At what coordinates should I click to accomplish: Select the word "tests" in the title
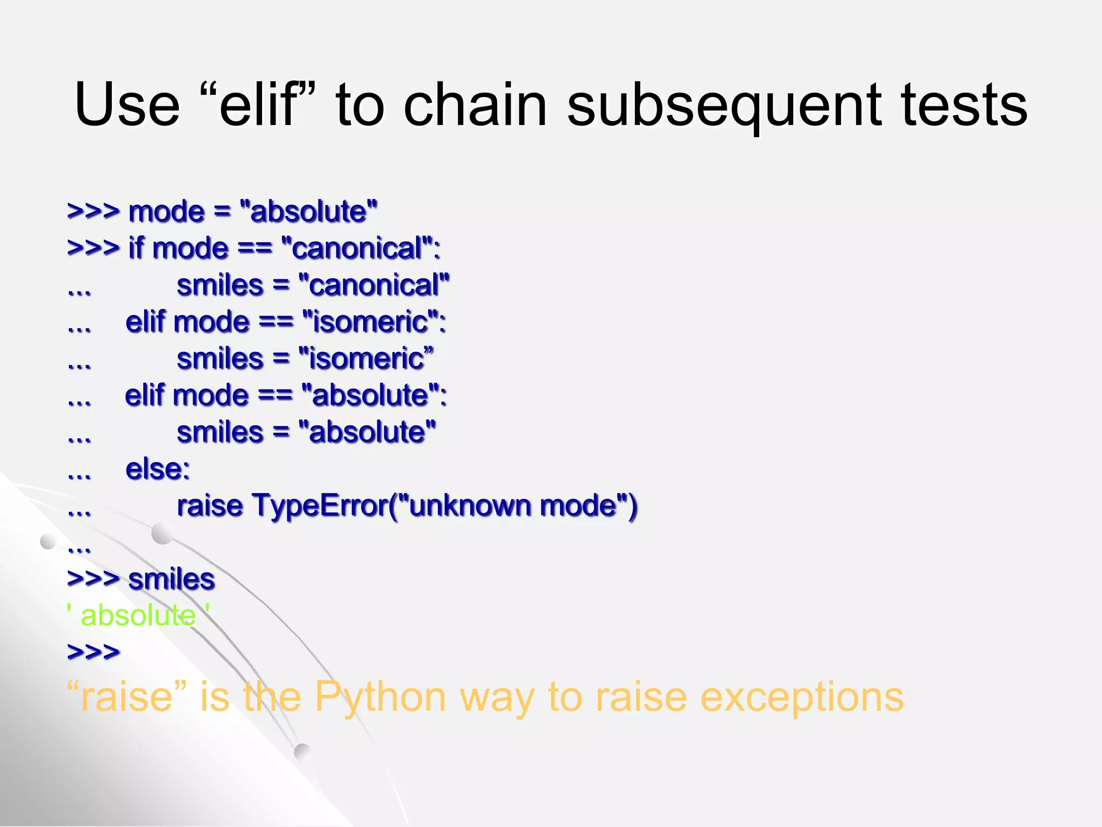pyautogui.click(x=964, y=105)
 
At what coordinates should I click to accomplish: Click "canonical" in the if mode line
pyautogui.click(x=357, y=249)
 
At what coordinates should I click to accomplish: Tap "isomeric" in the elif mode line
pyautogui.click(x=371, y=322)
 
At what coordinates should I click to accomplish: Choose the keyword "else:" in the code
pyautogui.click(x=158, y=469)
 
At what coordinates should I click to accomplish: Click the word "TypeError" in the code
pyautogui.click(x=320, y=506)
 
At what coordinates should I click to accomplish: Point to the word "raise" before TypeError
pyautogui.click(x=209, y=506)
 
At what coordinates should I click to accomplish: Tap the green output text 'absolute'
pyautogui.click(x=138, y=615)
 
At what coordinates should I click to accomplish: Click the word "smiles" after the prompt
pyautogui.click(x=171, y=579)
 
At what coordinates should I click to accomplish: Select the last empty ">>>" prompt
pyautogui.click(x=93, y=652)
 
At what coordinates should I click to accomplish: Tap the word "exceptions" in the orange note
pyautogui.click(x=802, y=697)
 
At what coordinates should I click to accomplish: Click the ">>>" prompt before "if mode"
pyautogui.click(x=93, y=249)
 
